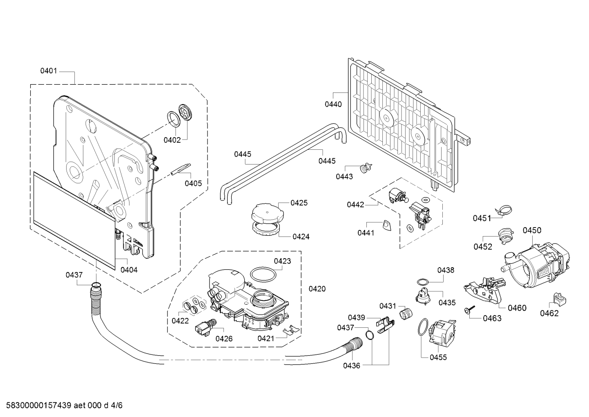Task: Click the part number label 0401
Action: coord(49,71)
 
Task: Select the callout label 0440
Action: coord(333,104)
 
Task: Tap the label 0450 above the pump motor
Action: coord(532,230)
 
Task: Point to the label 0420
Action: coord(317,289)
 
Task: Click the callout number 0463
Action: coord(492,318)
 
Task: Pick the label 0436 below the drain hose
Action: coord(352,365)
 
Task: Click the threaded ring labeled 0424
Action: coord(266,228)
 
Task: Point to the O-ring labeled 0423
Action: coord(263,275)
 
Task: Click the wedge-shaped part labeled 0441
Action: coord(386,225)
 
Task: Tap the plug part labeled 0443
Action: coord(366,168)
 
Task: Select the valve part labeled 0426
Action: coord(206,327)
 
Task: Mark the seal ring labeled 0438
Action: coord(423,282)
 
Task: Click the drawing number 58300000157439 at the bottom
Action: coord(39,406)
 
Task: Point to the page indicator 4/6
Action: coord(116,406)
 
